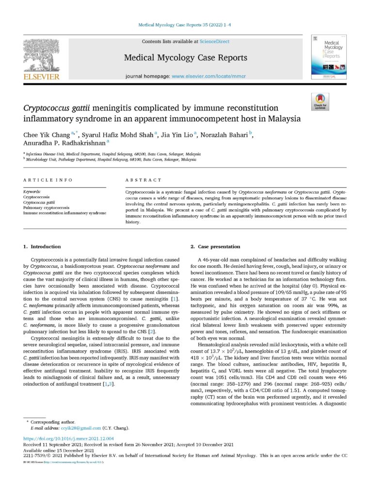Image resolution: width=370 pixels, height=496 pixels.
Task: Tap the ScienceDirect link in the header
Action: point(214,42)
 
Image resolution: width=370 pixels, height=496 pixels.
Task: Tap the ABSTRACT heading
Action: point(143,180)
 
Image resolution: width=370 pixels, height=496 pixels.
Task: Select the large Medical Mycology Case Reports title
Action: point(185,58)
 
